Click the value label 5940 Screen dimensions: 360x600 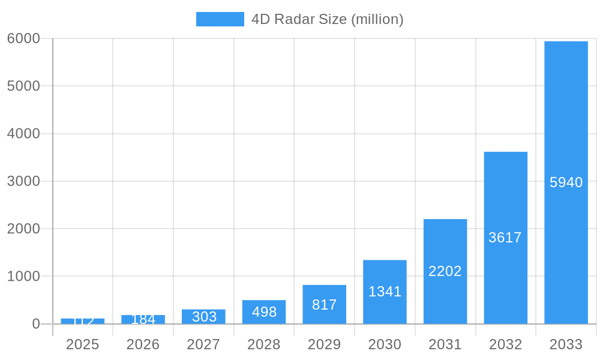(x=566, y=182)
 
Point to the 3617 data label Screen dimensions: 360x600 (x=505, y=238)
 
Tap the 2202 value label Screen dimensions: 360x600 (x=445, y=271)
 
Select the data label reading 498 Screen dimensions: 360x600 (x=264, y=312)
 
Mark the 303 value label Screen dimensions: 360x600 (x=204, y=317)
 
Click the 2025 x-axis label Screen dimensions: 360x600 (x=82, y=344)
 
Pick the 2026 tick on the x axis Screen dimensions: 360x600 (x=143, y=344)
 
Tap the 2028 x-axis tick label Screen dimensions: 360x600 (x=264, y=344)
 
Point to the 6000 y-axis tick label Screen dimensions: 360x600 (x=23, y=38)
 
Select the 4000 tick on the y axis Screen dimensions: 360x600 (x=23, y=134)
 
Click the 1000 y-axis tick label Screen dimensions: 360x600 (x=23, y=277)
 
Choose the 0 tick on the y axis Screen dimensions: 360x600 (x=35, y=324)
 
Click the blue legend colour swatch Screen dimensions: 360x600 (x=220, y=19)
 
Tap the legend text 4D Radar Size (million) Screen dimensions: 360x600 (x=327, y=19)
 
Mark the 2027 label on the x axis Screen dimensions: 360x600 (x=203, y=344)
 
